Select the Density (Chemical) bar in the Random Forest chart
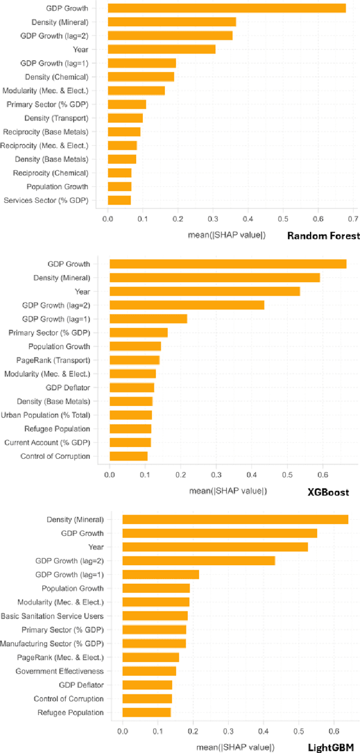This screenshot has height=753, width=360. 141,76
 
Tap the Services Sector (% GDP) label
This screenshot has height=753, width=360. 46,200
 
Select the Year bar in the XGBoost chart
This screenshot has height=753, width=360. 205,291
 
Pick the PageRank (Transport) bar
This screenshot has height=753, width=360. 134,360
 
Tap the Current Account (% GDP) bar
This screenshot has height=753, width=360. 130,443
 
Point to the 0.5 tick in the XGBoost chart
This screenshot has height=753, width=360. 287,475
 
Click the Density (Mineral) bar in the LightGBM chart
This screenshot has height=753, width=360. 235,519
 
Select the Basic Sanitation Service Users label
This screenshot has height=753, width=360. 52,616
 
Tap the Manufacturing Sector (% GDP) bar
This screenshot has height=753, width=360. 154,643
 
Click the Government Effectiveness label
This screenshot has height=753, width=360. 60,671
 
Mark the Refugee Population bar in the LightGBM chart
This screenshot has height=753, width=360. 146,712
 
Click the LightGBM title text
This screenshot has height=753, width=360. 332,747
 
